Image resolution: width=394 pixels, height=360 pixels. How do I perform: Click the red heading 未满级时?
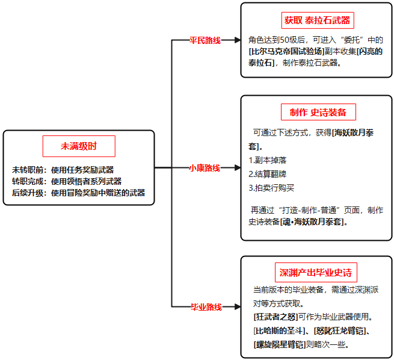[79, 146]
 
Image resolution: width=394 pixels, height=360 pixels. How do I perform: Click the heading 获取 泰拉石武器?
[318, 20]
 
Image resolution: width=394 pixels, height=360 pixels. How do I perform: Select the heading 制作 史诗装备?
[318, 112]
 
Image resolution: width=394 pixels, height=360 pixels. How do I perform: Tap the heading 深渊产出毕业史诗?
[316, 273]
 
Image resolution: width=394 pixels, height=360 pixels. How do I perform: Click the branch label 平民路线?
[205, 40]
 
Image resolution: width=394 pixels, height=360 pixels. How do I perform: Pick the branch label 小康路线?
[205, 168]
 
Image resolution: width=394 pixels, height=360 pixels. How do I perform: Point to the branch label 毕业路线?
[206, 306]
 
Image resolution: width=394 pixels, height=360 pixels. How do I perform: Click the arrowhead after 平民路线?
[238, 40]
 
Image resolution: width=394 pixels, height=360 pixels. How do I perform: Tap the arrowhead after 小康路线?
[238, 168]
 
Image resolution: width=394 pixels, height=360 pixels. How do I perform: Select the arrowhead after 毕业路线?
[238, 306]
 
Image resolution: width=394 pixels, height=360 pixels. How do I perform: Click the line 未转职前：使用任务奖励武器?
[63, 170]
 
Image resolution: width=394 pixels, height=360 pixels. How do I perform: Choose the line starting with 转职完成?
[67, 181]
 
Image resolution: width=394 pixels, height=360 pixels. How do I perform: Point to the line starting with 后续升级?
[78, 193]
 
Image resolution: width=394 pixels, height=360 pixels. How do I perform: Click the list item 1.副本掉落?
[267, 160]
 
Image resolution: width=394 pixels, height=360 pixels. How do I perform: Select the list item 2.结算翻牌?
[267, 174]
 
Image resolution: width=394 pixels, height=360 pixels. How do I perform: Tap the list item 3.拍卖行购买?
[271, 188]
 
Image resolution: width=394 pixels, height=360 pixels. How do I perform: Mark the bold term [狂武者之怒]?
[275, 317]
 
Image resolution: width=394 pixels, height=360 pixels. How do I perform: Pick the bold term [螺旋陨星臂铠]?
[280, 344]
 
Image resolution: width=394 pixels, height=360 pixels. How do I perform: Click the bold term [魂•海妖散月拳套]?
[312, 222]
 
